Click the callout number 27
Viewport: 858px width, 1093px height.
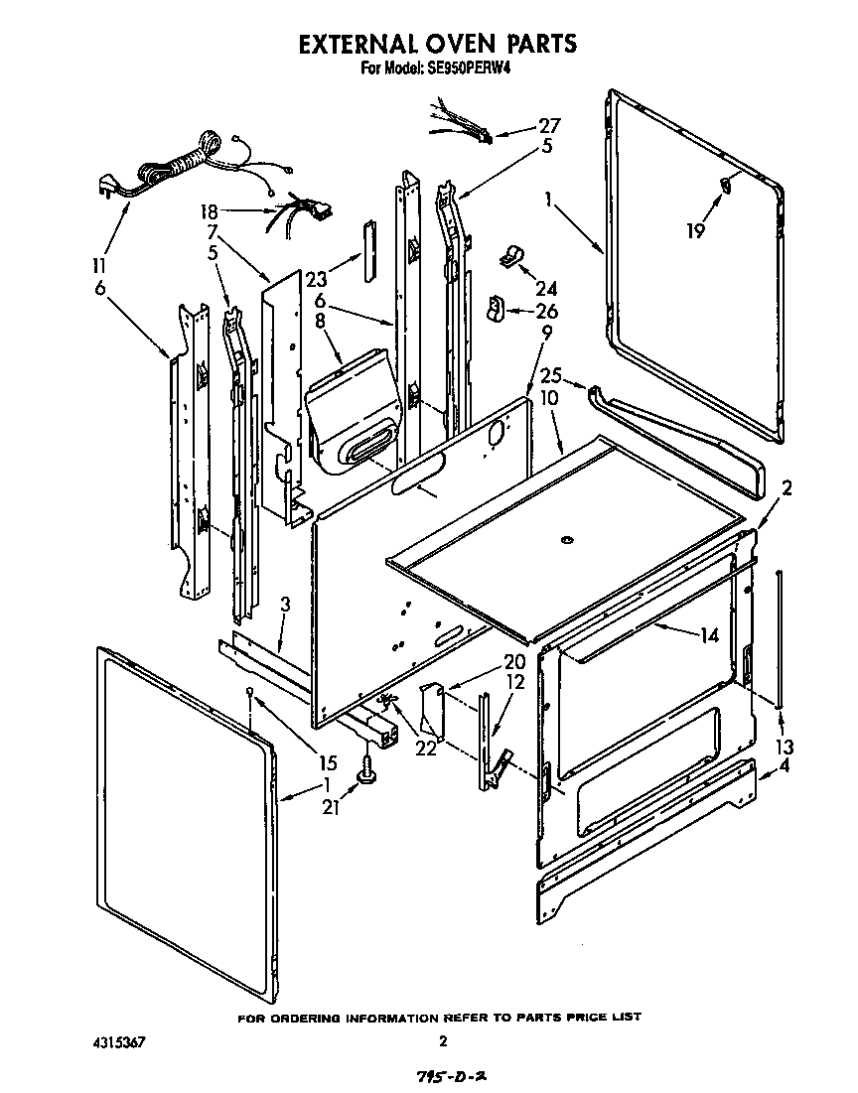549,126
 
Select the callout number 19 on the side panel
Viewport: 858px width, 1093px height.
695,230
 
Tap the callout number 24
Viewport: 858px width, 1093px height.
546,290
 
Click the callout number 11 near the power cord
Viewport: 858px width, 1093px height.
98,266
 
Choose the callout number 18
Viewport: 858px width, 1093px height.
209,211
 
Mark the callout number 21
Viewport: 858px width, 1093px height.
331,808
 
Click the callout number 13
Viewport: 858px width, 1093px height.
786,747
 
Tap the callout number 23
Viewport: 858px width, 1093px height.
316,279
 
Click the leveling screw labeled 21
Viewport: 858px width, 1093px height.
370,768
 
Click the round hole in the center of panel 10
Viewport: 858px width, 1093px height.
567,540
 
